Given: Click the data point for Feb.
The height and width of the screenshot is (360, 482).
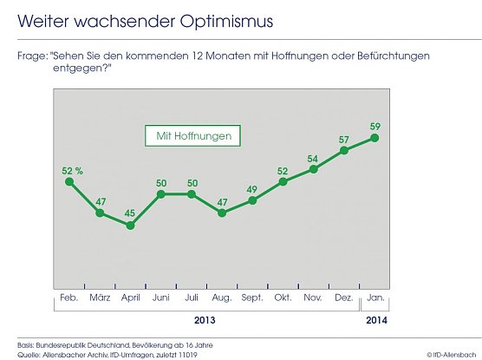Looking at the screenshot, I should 69,182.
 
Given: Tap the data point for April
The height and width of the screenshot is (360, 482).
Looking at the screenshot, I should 130,226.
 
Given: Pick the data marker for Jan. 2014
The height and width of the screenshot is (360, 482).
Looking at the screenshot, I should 375,137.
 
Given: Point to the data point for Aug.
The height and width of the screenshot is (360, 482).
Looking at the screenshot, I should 222,213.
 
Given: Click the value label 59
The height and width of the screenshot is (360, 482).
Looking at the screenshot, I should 375,123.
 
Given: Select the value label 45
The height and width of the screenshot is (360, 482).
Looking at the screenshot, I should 130,212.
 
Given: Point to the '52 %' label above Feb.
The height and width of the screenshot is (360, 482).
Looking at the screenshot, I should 72,169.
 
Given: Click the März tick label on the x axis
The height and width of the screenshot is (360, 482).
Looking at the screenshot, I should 100,298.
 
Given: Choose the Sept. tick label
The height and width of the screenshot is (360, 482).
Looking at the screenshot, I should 252,298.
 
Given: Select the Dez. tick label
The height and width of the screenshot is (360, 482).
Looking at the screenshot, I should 344,298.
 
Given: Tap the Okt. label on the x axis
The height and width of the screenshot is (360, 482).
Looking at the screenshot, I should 283,298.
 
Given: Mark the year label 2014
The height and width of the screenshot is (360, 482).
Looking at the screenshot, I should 375,319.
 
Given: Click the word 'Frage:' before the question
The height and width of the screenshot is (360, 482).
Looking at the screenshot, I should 32,56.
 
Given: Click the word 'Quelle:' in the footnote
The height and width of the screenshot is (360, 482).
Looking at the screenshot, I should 32,353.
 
